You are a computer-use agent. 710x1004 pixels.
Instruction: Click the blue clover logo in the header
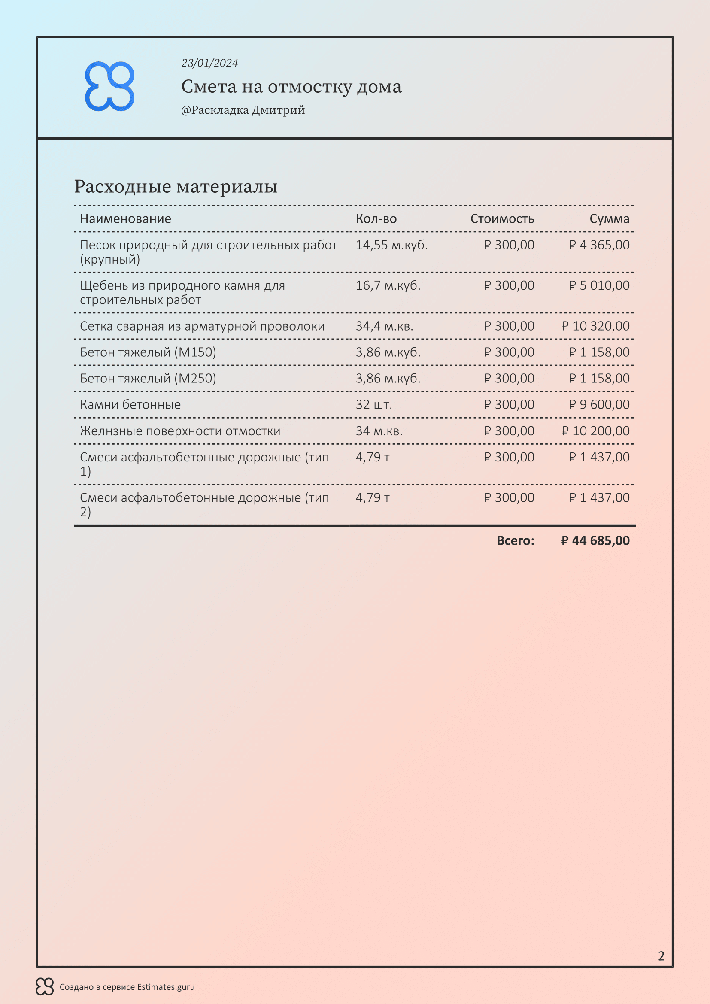(109, 86)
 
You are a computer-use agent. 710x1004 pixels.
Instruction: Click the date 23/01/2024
(209, 63)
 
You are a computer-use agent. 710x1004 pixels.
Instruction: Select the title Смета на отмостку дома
(291, 87)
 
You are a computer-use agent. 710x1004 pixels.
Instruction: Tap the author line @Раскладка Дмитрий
(243, 110)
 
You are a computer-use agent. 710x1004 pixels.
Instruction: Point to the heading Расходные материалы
(176, 186)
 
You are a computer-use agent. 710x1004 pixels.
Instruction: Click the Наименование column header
(125, 218)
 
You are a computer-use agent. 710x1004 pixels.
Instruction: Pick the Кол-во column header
(376, 218)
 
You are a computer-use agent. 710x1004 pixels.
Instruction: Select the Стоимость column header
(502, 218)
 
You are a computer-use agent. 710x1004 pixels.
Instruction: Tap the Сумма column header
(609, 218)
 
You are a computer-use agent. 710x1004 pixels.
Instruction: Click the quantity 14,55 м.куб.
(391, 245)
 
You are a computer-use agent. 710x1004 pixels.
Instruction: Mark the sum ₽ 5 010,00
(599, 285)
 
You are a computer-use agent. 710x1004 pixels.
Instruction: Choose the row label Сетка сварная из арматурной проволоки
(202, 326)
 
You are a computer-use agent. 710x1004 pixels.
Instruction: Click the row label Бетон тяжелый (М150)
(148, 352)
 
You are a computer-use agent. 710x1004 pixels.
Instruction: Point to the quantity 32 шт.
(374, 405)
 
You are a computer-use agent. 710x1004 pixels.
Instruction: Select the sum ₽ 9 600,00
(599, 405)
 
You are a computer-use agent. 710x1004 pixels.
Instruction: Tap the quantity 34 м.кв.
(379, 431)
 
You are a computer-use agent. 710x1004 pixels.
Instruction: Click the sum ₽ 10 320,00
(595, 326)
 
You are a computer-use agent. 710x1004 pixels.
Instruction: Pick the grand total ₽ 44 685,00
(595, 541)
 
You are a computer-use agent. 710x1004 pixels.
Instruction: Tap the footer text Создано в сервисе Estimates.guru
(127, 987)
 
